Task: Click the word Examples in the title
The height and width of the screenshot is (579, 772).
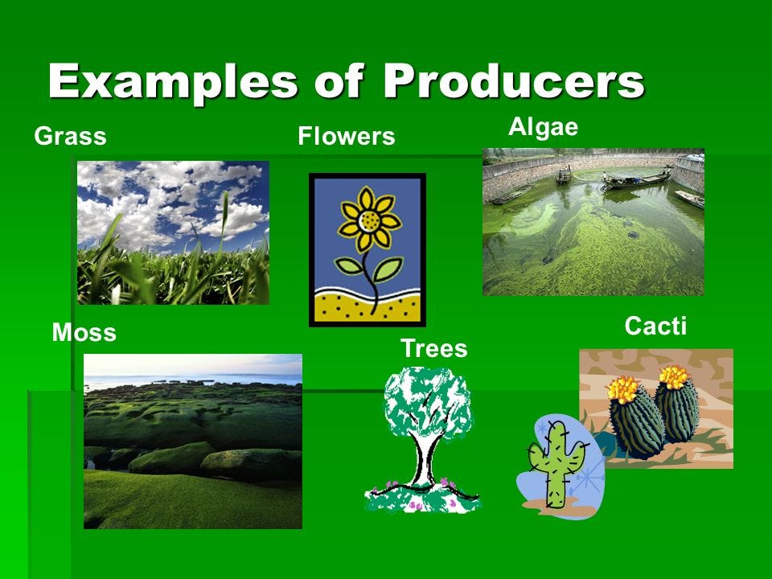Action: point(172,82)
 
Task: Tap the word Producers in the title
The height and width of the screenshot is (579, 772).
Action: point(514,80)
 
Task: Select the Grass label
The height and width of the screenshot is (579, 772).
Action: point(71,137)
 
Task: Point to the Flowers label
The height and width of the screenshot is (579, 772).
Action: point(346,136)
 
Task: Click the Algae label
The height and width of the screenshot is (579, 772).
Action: point(543,128)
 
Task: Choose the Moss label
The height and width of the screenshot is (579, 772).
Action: point(84,332)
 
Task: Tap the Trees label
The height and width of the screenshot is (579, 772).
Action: point(433,348)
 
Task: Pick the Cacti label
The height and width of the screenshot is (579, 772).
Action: point(655,326)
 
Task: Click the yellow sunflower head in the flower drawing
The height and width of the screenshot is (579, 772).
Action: point(369,220)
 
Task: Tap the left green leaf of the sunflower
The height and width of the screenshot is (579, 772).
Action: point(348,266)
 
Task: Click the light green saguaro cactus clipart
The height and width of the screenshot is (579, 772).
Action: point(556,463)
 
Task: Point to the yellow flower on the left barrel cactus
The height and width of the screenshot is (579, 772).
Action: point(622,389)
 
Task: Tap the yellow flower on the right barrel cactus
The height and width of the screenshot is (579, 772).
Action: point(673,376)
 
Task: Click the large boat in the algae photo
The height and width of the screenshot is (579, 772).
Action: point(636,179)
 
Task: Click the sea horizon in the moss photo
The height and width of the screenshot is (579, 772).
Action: point(192,377)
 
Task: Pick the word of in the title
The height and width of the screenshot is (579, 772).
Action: point(339,80)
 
